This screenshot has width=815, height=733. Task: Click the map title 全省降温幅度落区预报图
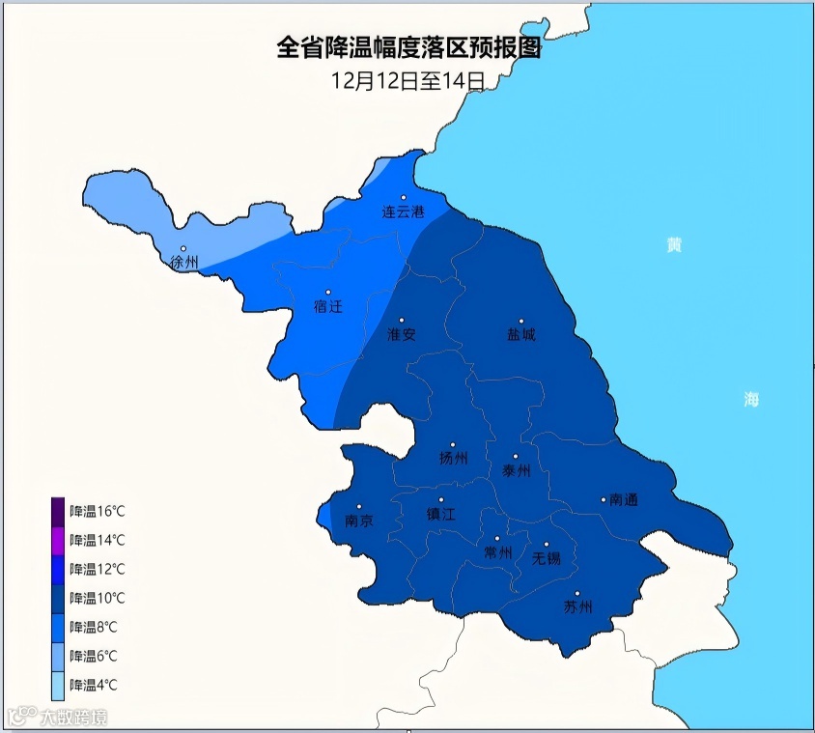click(408, 49)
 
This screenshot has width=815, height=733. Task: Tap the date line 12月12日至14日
click(407, 81)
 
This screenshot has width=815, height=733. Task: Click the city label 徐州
click(183, 262)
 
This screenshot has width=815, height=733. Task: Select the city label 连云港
click(403, 211)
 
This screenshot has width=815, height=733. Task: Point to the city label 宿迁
click(328, 306)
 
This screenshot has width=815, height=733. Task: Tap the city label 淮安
click(401, 334)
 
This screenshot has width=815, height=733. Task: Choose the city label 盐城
click(520, 335)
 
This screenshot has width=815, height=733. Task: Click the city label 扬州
click(453, 459)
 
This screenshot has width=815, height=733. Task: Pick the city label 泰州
click(517, 470)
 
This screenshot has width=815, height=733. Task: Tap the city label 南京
click(359, 521)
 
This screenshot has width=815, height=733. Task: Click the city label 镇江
click(440, 516)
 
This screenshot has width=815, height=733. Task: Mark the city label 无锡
click(547, 558)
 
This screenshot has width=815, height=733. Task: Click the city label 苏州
click(577, 607)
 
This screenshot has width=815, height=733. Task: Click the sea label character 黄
click(674, 245)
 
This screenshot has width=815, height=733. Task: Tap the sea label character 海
click(751, 400)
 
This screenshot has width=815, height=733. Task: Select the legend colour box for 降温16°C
click(58, 511)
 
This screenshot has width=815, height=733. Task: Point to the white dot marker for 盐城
click(520, 322)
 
